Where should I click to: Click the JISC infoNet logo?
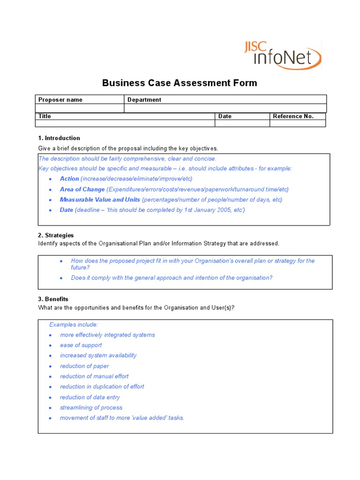coord(283,55)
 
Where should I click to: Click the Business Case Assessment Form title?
coord(180,83)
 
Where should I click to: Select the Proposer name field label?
coord(60,99)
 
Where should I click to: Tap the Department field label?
coord(144,99)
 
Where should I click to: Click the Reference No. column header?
coord(293,116)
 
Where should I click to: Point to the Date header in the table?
coord(225,116)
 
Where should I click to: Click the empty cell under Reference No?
coord(297,123)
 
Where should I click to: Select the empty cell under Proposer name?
coord(80,108)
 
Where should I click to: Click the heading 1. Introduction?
coord(59,138)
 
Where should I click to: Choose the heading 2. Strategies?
coord(56,235)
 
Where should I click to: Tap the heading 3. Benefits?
coord(53,299)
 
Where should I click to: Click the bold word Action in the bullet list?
coord(69,179)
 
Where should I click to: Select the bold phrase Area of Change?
coord(82,189)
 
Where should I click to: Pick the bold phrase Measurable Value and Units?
coord(100,200)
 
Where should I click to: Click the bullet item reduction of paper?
coord(84,366)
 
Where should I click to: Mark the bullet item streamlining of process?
coord(91,408)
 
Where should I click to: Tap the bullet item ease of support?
coord(81,345)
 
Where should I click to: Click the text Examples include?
coord(74,324)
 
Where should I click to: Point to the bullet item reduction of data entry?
coord(90,397)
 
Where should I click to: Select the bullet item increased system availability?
coord(98,355)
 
